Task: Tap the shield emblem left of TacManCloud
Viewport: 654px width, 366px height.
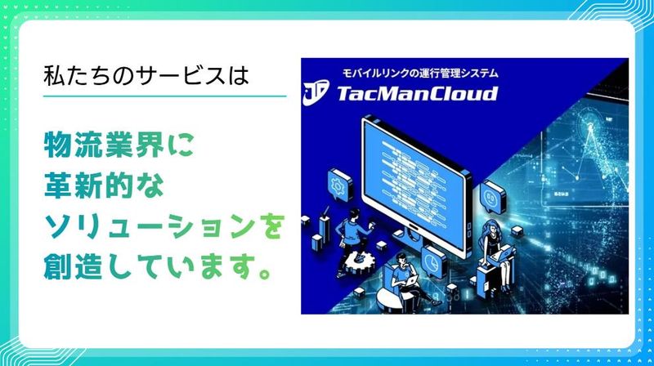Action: tap(316, 93)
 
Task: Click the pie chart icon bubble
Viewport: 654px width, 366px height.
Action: tap(432, 263)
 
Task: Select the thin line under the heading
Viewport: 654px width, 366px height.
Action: tap(164, 96)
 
